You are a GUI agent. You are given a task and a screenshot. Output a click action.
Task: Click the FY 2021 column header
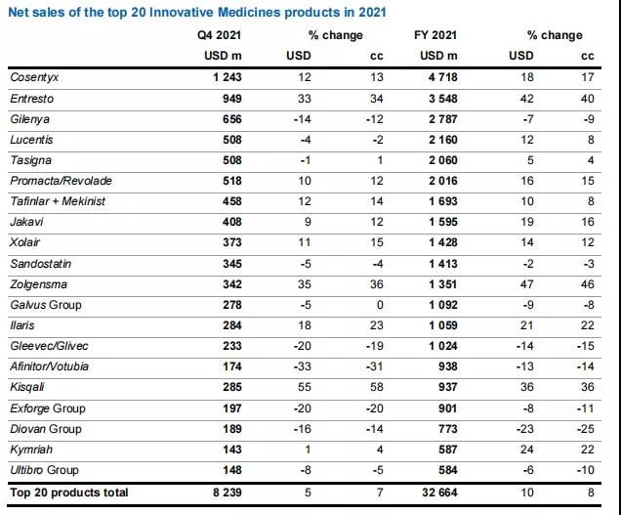click(x=441, y=34)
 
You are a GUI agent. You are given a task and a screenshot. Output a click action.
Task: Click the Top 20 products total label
click(x=68, y=494)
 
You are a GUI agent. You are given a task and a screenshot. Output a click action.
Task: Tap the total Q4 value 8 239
click(x=224, y=494)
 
